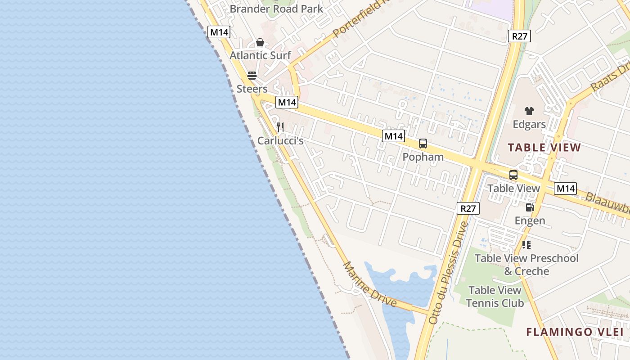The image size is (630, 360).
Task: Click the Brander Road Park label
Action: [276, 9]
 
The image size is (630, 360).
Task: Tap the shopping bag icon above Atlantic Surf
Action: [260, 43]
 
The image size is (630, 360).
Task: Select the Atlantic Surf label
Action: [260, 55]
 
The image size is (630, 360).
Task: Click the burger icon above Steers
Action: [252, 75]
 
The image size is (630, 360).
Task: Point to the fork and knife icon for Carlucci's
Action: [280, 127]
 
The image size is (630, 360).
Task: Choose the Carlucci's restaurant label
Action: [280, 141]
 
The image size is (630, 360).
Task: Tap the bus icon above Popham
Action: [423, 144]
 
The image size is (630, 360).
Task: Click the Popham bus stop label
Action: [423, 157]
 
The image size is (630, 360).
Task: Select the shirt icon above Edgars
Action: [529, 111]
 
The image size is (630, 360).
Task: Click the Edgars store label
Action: [529, 124]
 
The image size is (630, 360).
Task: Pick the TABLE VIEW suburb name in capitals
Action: [544, 148]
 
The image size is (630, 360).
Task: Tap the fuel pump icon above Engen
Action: [530, 207]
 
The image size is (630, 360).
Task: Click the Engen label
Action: [530, 220]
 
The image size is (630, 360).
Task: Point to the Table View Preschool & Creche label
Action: [526, 265]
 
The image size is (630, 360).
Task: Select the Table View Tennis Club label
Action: [495, 297]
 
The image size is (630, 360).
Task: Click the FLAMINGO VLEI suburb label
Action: [575, 333]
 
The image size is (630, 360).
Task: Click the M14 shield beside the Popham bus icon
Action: [394, 136]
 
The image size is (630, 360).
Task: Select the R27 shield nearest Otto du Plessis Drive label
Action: [468, 208]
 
